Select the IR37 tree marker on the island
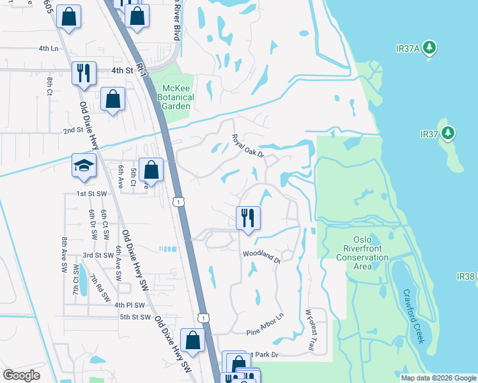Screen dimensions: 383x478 [449, 133]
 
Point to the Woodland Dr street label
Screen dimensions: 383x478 [262, 257]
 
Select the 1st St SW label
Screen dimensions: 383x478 [89, 193]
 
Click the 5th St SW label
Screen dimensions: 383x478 [133, 317]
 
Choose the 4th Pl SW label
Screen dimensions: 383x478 [130, 305]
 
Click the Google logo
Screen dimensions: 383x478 [21, 375]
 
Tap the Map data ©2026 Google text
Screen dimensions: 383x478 [438, 378]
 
